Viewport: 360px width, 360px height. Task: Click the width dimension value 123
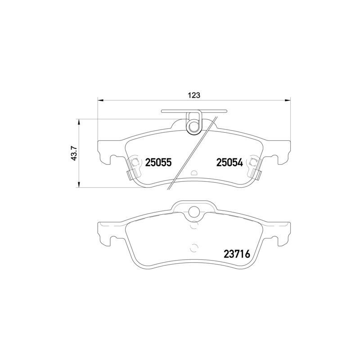click(194, 95)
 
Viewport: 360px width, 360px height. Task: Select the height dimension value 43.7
click(74, 153)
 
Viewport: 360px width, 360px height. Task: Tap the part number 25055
click(158, 163)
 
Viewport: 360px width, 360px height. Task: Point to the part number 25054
click(229, 163)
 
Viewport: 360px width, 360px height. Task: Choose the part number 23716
click(236, 254)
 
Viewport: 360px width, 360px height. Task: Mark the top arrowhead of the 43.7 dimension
click(79, 121)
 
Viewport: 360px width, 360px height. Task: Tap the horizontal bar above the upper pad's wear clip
click(194, 111)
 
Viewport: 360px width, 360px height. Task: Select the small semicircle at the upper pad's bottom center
click(194, 173)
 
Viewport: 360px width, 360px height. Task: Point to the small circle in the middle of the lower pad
click(194, 247)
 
